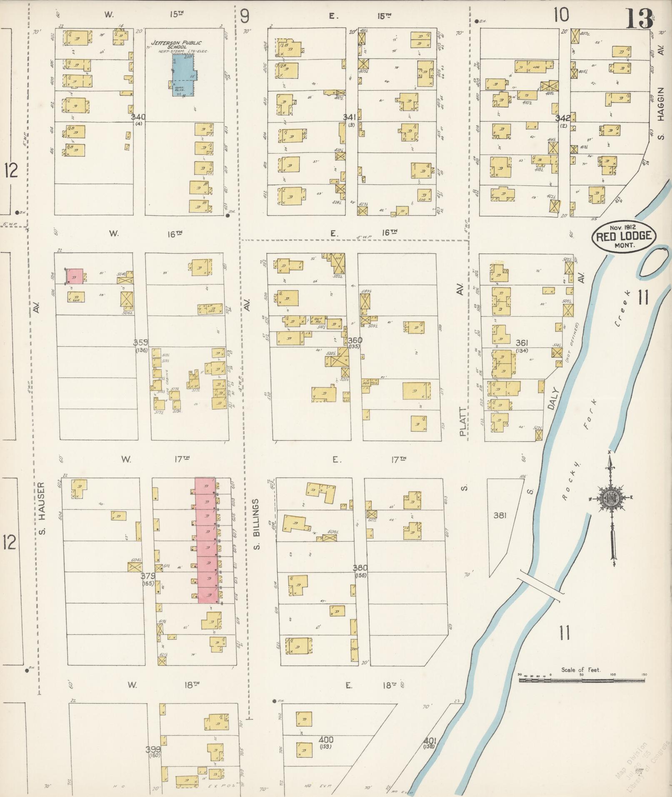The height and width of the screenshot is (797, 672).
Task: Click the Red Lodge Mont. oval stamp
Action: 624,237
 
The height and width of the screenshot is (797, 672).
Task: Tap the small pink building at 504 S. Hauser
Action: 75,276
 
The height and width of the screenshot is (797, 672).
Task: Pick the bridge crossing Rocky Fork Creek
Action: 540,585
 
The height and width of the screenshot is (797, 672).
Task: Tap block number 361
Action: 522,343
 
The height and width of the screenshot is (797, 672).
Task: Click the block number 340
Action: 138,117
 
